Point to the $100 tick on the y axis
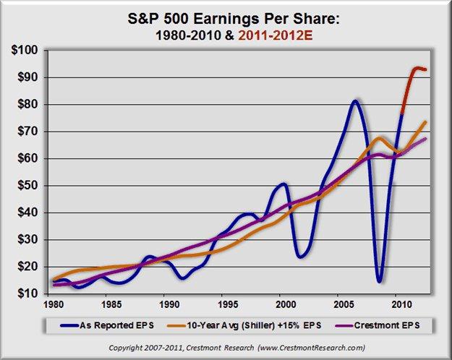point(27,50)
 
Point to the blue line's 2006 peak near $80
point(355,100)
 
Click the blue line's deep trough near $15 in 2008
point(379,280)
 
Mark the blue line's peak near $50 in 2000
point(283,184)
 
